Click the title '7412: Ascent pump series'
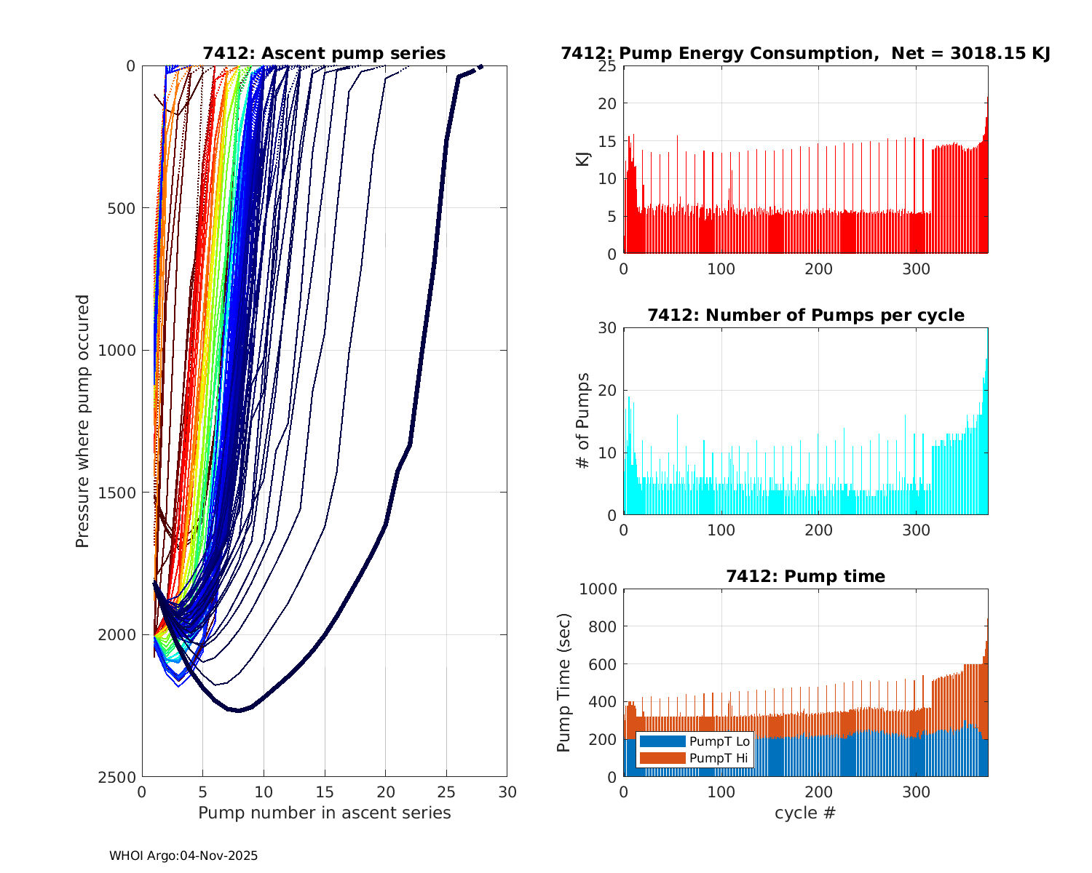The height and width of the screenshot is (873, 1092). [324, 53]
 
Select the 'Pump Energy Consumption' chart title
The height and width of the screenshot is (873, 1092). [805, 53]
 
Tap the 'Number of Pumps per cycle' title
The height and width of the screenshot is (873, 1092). [805, 315]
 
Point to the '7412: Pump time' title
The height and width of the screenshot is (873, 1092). [805, 576]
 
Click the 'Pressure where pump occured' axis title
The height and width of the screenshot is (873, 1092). [82, 421]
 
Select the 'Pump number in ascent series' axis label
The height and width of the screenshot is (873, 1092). [324, 813]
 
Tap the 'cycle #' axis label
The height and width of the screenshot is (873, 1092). [805, 813]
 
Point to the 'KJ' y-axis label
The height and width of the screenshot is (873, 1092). [583, 159]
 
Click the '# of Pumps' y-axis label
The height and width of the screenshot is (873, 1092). [582, 420]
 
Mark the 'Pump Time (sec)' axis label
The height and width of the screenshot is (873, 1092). [563, 682]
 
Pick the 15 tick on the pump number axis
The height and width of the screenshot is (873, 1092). [325, 792]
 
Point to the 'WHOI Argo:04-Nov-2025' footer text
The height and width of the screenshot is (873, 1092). [183, 856]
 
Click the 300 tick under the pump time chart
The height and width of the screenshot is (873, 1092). [916, 792]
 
